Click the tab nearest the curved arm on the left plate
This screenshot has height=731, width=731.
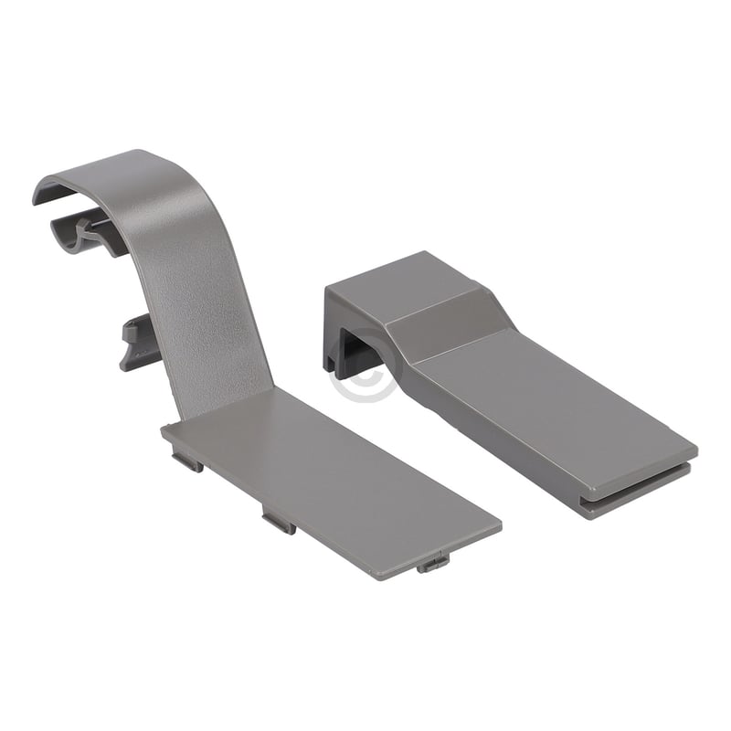[x=187, y=462]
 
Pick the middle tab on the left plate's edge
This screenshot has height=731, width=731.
[x=279, y=522]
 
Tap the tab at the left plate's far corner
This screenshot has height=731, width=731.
[x=433, y=563]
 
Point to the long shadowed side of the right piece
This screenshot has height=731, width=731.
[x=493, y=439]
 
